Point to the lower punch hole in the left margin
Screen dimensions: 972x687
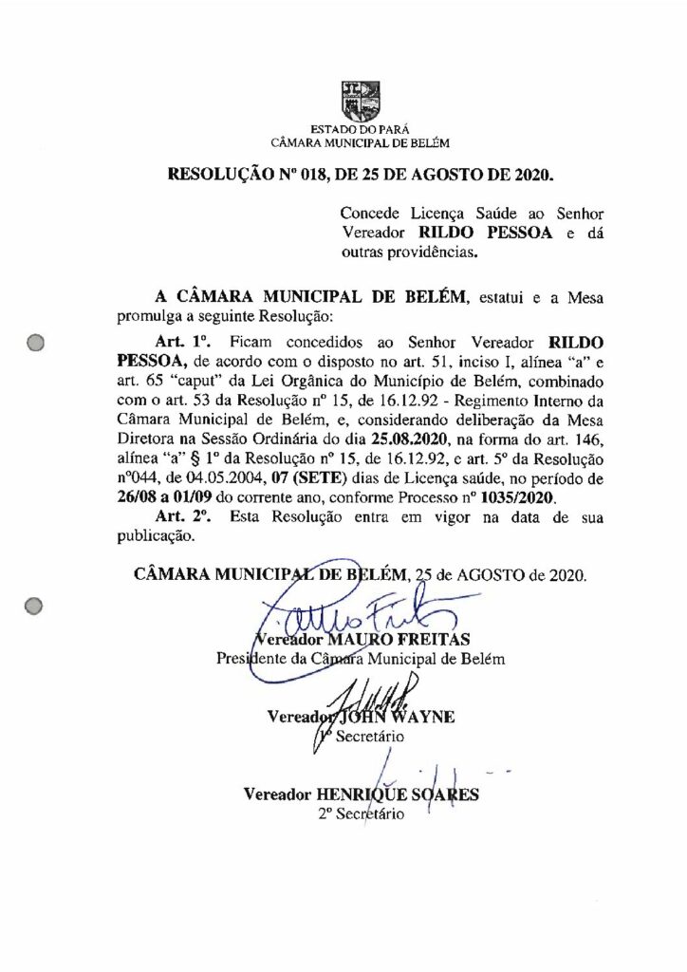coord(35,604)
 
